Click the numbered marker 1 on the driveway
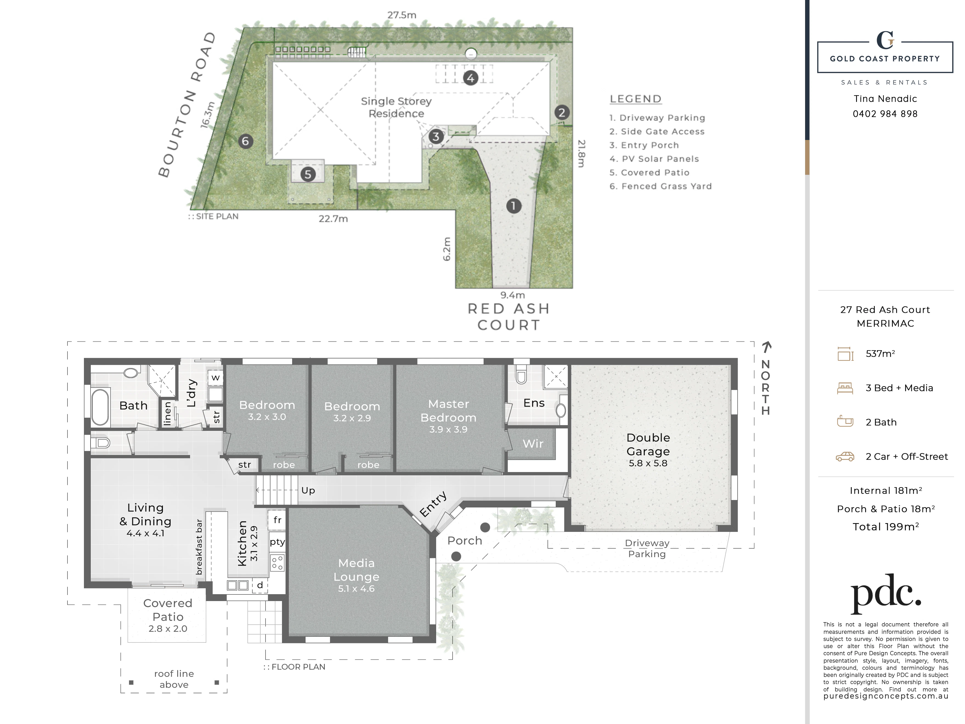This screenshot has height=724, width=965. click(513, 206)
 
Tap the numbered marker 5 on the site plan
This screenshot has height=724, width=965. click(308, 174)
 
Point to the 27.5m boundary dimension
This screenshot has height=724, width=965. click(402, 15)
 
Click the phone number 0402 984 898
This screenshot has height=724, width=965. click(885, 114)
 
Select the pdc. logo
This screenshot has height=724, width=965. click(886, 594)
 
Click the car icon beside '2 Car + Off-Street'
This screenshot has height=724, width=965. click(845, 456)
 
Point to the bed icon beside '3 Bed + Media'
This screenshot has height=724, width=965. click(845, 388)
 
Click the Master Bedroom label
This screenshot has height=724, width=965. click(448, 411)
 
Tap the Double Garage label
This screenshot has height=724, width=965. click(648, 444)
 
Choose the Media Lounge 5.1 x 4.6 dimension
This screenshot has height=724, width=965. click(356, 589)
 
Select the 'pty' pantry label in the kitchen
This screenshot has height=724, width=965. click(278, 542)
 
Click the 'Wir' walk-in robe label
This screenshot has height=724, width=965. click(533, 444)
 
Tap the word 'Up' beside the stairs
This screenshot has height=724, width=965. click(308, 490)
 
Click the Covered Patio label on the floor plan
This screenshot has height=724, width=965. click(168, 610)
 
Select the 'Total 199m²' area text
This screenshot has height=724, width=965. click(886, 527)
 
